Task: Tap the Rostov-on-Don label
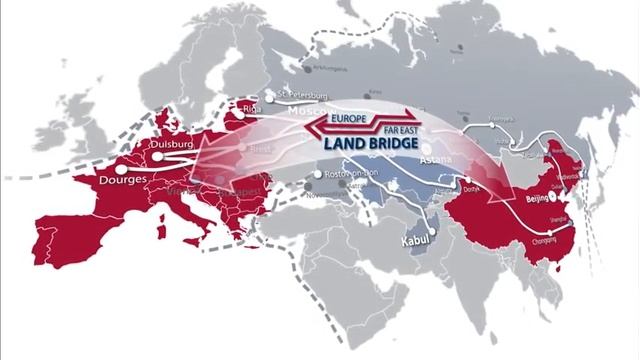pyautogui.click(x=354, y=173)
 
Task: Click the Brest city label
pyautogui.click(x=261, y=147)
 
